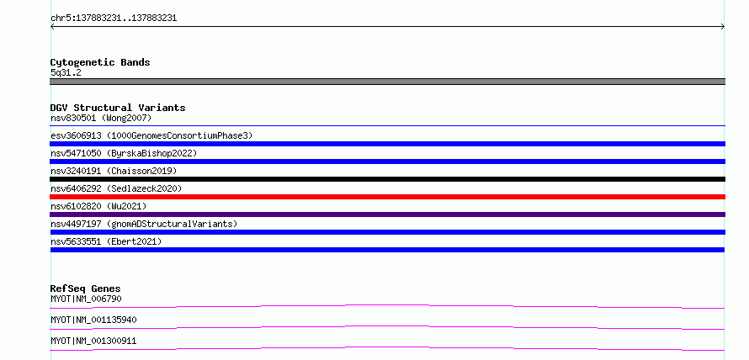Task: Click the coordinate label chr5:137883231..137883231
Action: [x=114, y=19]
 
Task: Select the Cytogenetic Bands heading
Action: [x=100, y=62]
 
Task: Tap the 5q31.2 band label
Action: [x=66, y=72]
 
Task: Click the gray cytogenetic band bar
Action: [x=387, y=82]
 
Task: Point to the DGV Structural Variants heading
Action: [x=118, y=108]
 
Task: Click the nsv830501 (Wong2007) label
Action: [x=101, y=118]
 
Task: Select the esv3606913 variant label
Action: [x=151, y=135]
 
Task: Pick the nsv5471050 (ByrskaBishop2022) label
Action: [x=124, y=153]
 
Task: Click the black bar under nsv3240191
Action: [x=387, y=179]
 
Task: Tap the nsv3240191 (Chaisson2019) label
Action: [x=114, y=171]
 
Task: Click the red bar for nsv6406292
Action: [x=387, y=197]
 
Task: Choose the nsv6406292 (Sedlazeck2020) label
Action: [x=116, y=188]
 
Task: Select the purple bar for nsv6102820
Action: [x=387, y=214]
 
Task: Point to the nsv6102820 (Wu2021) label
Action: [x=98, y=206]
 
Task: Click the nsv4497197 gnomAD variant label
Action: [x=144, y=224]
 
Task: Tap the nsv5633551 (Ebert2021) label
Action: [x=106, y=241]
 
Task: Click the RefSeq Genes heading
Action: [x=86, y=289]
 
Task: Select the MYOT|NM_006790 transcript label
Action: [x=86, y=299]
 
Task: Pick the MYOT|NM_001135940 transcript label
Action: [x=93, y=320]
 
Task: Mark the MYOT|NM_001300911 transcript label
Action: [x=93, y=341]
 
